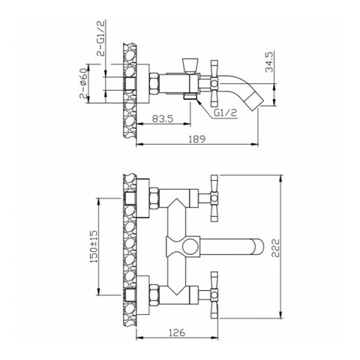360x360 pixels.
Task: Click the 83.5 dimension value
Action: [x=163, y=118]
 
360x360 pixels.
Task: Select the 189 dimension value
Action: [x=197, y=139]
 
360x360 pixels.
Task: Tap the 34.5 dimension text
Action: [x=269, y=61]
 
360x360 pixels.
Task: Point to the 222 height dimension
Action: [x=275, y=248]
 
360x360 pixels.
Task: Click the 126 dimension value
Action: [x=177, y=332]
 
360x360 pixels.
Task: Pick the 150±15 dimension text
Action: [x=94, y=247]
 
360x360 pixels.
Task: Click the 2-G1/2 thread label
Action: [x=101, y=37]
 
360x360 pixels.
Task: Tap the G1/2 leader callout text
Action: [x=225, y=112]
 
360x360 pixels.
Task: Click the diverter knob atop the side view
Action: [x=190, y=65]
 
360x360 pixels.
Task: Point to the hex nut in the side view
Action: [x=154, y=83]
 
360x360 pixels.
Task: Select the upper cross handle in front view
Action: [x=214, y=198]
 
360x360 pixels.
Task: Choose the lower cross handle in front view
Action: [x=214, y=295]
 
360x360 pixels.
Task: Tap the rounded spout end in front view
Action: [x=257, y=247]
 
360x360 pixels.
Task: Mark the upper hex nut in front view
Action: [x=154, y=198]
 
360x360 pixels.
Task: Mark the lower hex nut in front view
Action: [x=154, y=295]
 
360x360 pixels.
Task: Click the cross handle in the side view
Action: [x=214, y=83]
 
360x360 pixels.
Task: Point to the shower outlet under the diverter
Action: [x=190, y=97]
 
